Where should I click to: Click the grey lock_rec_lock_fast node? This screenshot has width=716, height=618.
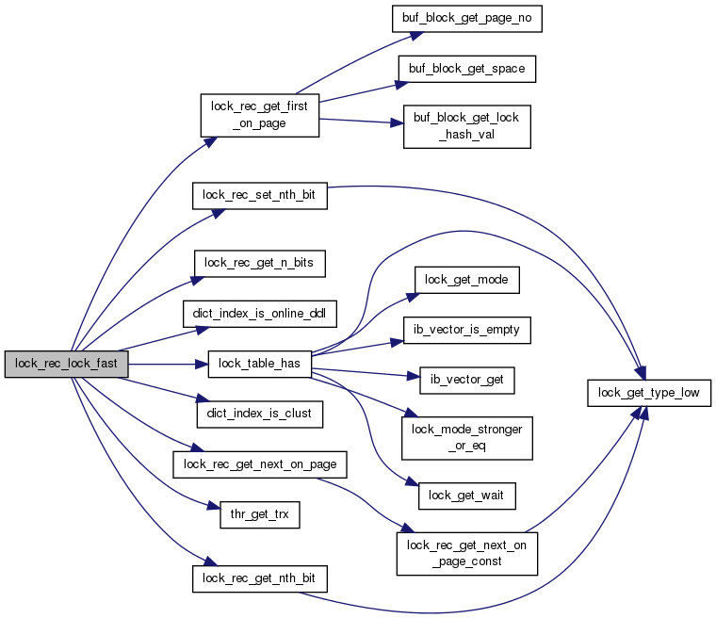(67, 364)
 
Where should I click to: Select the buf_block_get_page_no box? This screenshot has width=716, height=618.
(466, 19)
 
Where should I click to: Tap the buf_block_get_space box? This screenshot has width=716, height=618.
(466, 69)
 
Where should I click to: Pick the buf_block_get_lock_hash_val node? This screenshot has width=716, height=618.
(466, 126)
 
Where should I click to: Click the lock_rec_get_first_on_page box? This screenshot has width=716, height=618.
(260, 115)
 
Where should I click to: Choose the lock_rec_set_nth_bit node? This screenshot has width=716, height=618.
(260, 196)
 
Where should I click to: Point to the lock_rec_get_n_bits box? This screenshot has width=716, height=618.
(260, 263)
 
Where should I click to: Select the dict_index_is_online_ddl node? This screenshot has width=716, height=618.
(260, 314)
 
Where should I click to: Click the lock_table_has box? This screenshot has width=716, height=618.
(260, 364)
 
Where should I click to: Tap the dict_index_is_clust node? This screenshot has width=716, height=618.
(260, 415)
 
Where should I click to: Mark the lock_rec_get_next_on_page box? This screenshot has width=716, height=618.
(260, 464)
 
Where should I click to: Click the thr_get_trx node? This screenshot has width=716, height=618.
(260, 514)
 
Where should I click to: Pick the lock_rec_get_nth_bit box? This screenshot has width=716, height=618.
(260, 578)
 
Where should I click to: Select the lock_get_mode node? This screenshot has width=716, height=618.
(466, 280)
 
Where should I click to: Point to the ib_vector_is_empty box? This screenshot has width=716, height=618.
(466, 331)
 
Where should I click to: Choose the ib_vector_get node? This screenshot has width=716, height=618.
(466, 381)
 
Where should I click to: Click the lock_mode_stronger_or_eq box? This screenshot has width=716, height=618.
(466, 438)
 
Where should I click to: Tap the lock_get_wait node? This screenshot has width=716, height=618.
(466, 496)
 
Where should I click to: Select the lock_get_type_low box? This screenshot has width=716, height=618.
(649, 393)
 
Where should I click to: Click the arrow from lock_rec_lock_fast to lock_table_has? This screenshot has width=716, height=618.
(168, 364)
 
